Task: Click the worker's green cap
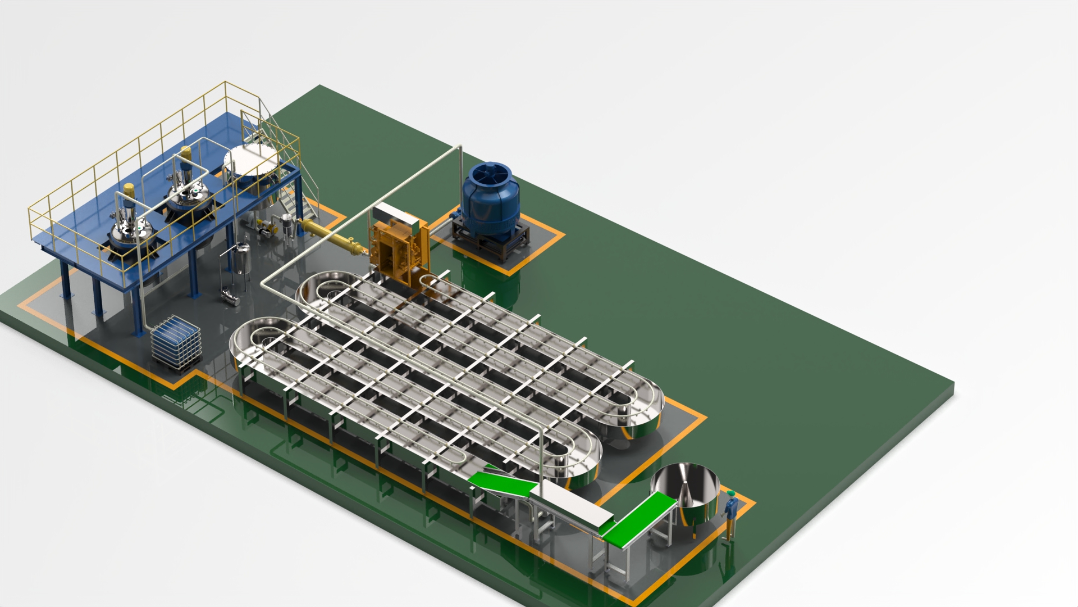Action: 730,493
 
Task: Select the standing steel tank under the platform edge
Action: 242,259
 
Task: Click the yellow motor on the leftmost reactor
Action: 129,191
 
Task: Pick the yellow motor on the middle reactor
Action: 186,153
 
